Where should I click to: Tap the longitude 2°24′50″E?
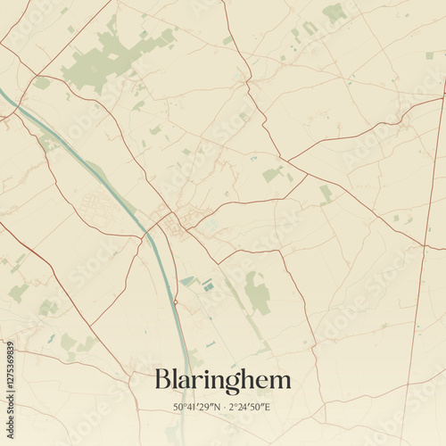click(249, 408)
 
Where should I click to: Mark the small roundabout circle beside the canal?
click(176, 302)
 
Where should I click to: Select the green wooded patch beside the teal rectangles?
click(258, 293)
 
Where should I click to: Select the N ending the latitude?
click(213, 408)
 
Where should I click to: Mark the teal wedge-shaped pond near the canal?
click(188, 281)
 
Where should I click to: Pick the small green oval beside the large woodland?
click(166, 35)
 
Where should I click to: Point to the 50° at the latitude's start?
click(179, 408)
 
